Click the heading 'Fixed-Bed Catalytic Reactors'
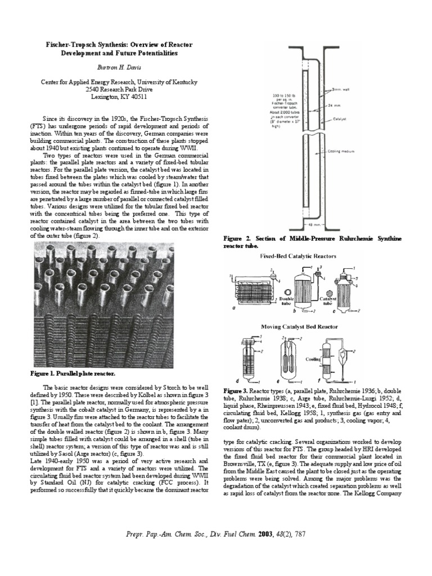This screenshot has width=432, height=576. (x=298, y=256)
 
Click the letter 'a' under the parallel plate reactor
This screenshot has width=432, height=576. (x=233, y=309)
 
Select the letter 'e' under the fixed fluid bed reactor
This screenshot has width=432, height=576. (x=285, y=380)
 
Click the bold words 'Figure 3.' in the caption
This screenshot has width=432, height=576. (x=235, y=390)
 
